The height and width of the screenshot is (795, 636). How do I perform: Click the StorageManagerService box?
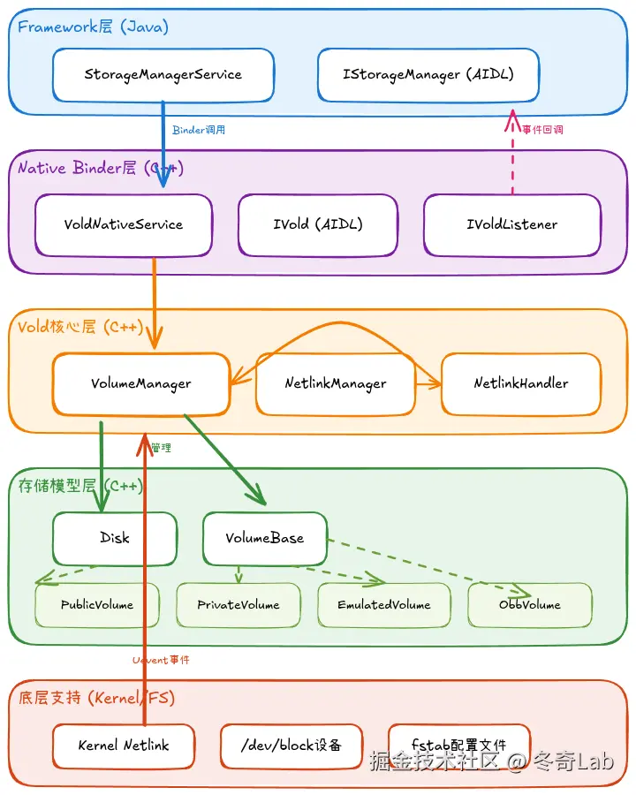pos(163,75)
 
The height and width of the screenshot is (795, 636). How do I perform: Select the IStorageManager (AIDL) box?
pos(428,75)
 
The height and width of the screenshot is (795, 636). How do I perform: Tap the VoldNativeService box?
pos(124,224)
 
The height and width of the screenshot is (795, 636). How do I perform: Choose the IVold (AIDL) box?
pos(318,224)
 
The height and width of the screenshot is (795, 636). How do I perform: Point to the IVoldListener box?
pos(512,224)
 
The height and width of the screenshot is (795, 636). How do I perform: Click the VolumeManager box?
pos(141,383)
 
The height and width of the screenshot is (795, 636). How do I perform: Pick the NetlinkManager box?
pos(336,383)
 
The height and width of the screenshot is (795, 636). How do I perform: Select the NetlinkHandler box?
pos(521,383)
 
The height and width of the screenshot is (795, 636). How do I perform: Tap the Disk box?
pos(115,538)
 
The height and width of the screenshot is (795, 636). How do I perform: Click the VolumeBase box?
pos(265,538)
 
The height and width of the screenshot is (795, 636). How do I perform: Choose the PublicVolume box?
pos(97,605)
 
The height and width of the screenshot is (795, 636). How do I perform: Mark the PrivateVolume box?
pos(238,605)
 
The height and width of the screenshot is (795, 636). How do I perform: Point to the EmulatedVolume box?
pos(384,605)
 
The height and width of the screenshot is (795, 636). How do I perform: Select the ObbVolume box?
pos(530,605)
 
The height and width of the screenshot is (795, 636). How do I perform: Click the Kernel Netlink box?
pos(124,746)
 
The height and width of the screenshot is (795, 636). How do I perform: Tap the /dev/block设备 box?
pos(291,746)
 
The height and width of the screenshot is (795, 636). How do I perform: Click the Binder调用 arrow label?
pos(199,130)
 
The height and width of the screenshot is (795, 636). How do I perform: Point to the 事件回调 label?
pos(542,130)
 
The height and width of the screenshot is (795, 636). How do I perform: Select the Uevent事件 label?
pos(161,660)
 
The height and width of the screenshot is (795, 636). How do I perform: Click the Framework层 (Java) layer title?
pos(93,26)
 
